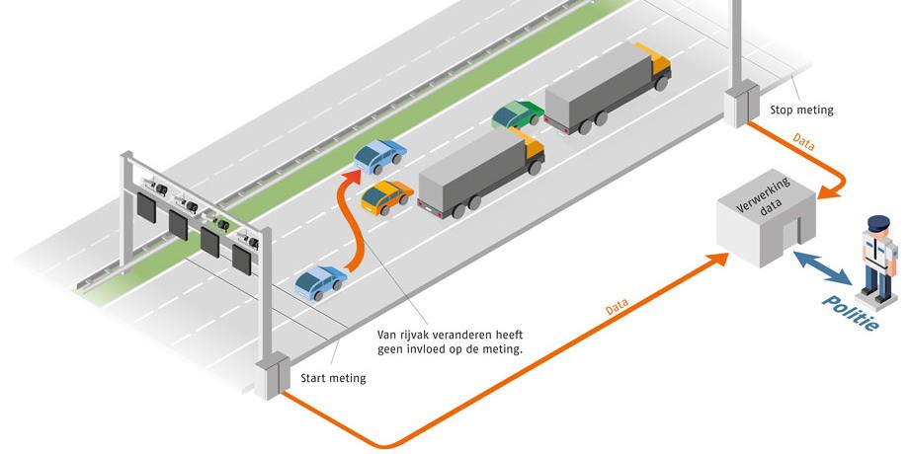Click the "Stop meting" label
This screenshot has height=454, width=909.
801,110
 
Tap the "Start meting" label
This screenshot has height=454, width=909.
332,378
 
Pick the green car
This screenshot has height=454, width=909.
517,114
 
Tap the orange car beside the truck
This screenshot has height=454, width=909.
385,196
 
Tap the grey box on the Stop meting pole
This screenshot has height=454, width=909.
737,107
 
